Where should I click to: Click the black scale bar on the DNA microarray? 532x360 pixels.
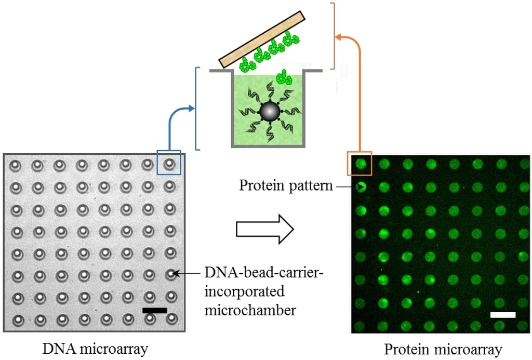(154, 311)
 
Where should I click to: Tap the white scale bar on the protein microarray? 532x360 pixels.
(502, 315)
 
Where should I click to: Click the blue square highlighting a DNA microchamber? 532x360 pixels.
(169, 162)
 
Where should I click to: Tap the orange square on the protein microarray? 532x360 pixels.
(360, 164)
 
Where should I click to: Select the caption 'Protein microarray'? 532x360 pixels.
(443, 350)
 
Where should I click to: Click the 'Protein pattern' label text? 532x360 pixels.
(285, 185)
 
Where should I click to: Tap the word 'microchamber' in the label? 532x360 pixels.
(250, 310)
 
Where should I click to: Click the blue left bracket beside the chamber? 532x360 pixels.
(197, 109)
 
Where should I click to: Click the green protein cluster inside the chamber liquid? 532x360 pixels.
(284, 78)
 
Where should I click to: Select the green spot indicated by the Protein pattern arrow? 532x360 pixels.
(361, 186)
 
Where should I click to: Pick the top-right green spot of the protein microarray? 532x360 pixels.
(524, 164)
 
